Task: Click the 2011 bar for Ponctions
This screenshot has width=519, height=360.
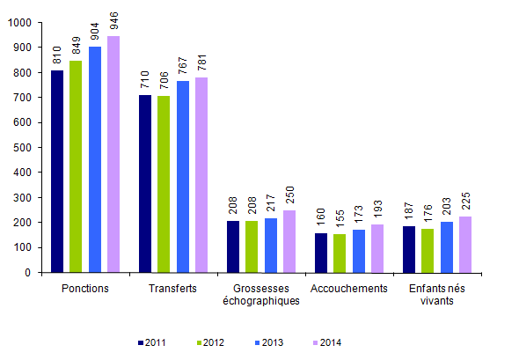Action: [x=57, y=171]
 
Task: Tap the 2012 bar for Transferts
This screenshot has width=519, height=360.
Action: [x=164, y=184]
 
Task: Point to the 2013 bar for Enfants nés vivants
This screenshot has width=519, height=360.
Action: [x=447, y=247]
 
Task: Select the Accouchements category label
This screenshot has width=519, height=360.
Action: [x=348, y=289]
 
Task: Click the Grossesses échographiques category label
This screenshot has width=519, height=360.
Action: [x=261, y=294]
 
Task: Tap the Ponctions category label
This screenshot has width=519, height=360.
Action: [x=85, y=289]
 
